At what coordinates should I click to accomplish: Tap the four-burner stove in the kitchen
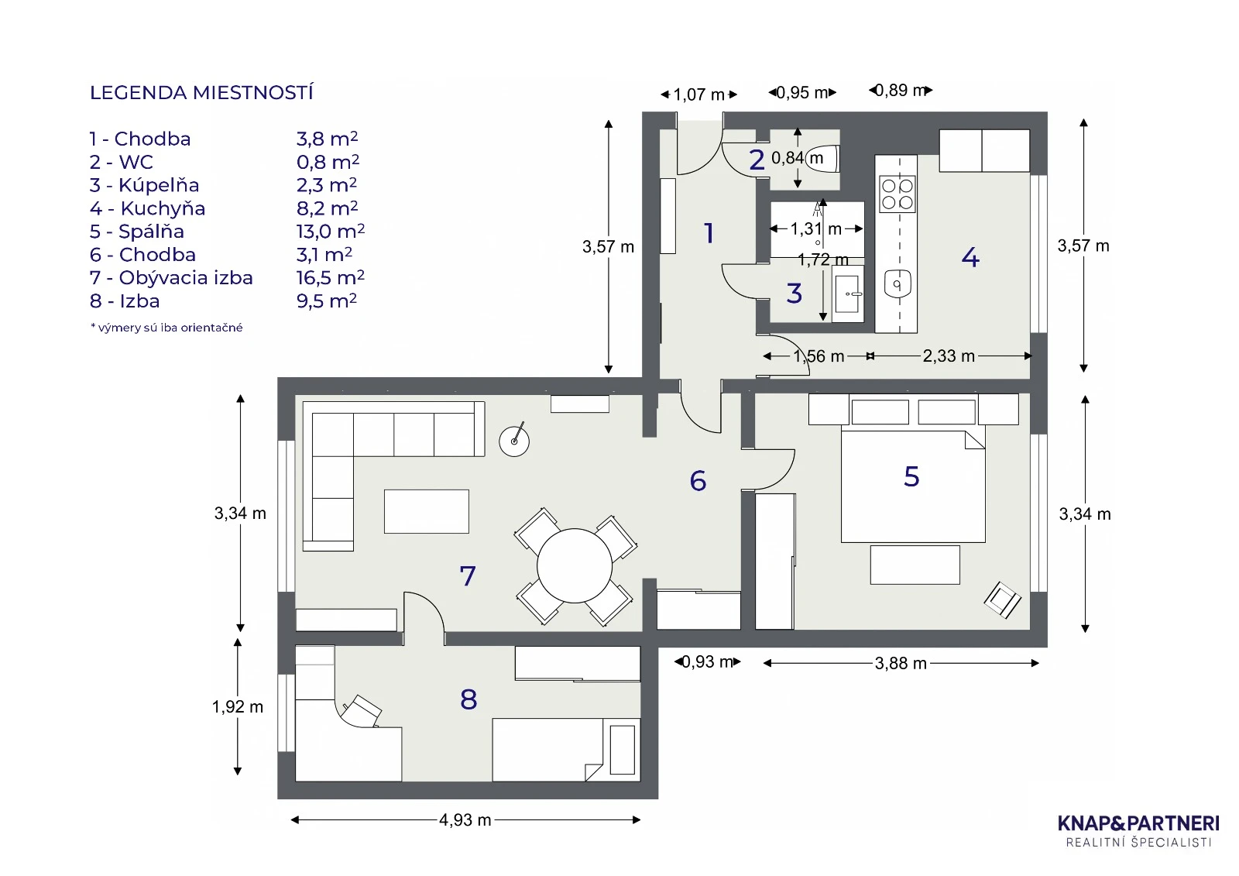point(897,194)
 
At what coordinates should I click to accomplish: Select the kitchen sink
point(898,285)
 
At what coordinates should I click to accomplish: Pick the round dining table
point(575,565)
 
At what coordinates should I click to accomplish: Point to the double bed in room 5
point(913,486)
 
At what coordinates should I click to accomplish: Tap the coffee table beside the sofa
point(427,511)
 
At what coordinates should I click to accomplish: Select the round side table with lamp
point(514,441)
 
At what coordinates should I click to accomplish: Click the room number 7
point(467,576)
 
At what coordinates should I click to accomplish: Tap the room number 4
point(970,257)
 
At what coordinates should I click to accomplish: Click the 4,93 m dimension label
point(465,820)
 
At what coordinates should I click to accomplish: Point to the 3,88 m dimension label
point(901,664)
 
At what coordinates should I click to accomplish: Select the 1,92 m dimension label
point(238,707)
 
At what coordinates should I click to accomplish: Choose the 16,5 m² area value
point(330,278)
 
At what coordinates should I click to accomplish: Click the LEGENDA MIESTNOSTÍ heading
point(201,93)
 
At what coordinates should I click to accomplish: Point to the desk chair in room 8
point(362,709)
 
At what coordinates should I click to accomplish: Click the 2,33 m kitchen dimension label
point(949,356)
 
